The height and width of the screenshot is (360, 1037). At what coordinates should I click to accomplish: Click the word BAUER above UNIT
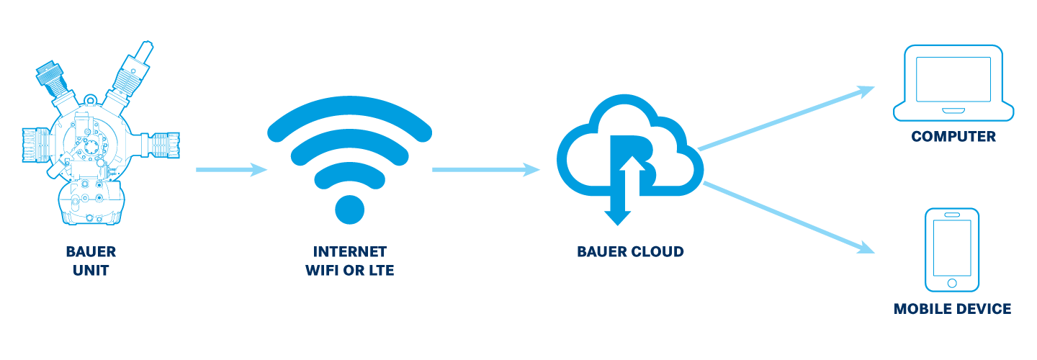point(91,252)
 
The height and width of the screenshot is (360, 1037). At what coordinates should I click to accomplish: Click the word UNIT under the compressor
point(91,271)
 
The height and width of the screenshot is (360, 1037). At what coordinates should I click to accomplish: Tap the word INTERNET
point(350,252)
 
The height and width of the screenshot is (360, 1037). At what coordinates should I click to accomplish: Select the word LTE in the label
point(380,271)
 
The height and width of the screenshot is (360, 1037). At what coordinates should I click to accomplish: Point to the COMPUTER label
point(953,137)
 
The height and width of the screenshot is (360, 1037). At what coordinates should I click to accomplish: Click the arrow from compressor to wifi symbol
point(230,171)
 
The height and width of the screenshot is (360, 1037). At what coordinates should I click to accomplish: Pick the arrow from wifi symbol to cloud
point(486,171)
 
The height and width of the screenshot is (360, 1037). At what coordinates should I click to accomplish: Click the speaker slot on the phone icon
point(952,215)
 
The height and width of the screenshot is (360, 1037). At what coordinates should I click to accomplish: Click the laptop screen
point(953,79)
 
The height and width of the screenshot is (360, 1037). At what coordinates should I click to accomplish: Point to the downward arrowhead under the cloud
point(618,216)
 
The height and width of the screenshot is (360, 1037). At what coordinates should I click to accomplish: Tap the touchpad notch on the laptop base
point(953,109)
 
